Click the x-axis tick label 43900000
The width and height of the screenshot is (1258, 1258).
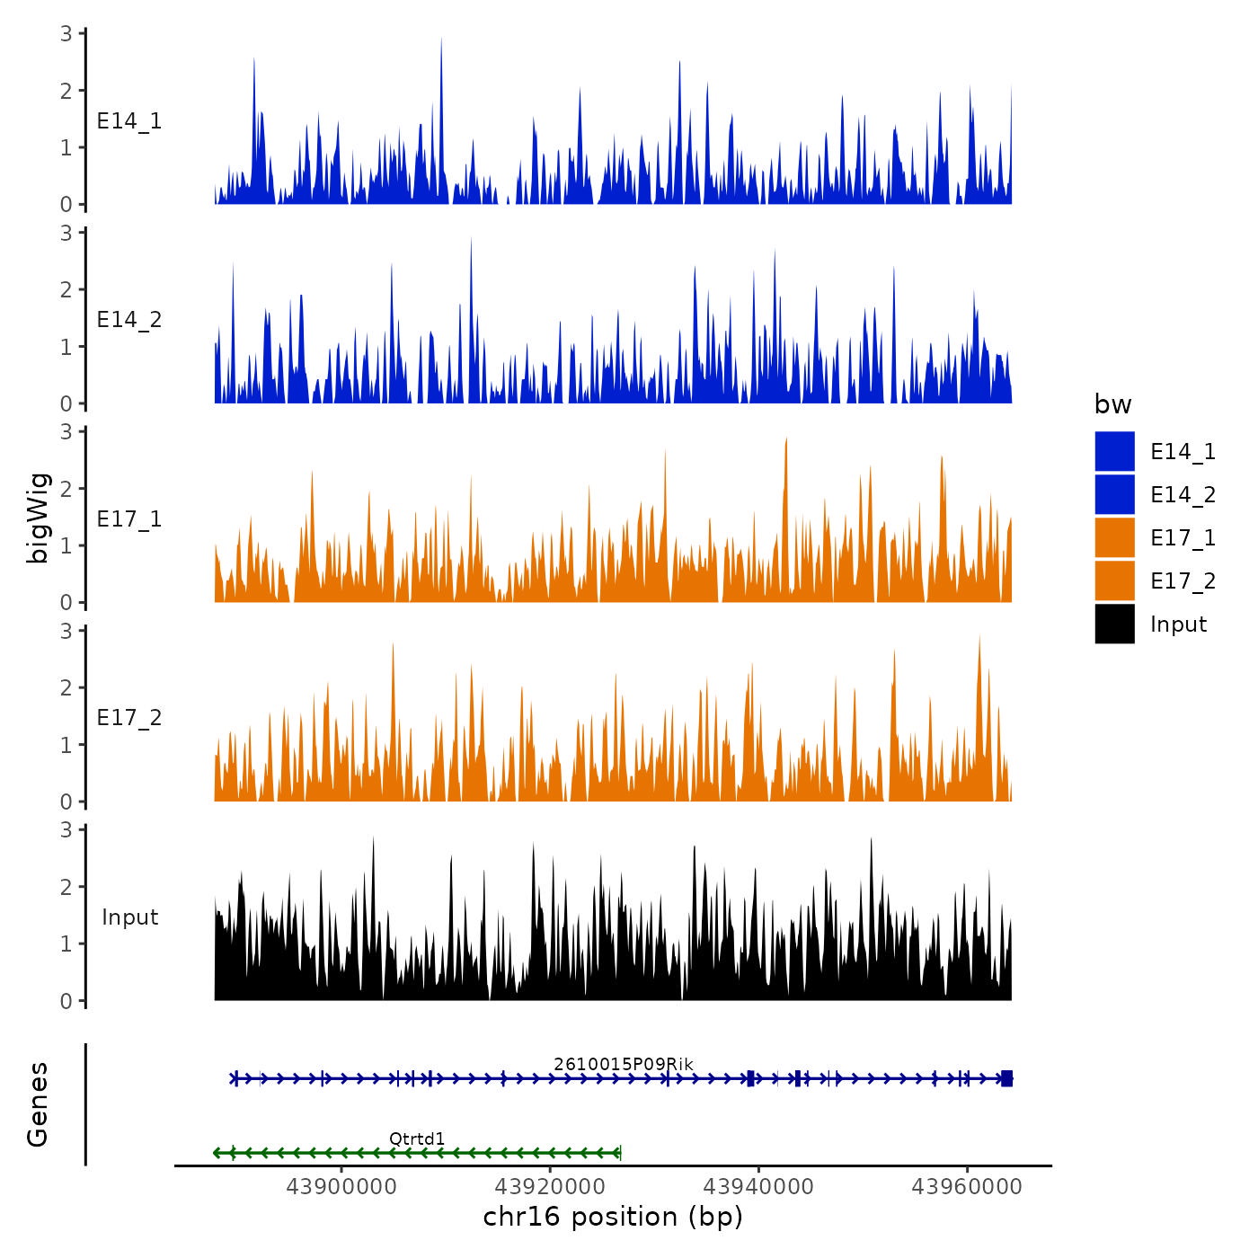[341, 1187]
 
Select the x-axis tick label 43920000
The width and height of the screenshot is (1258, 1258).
[550, 1187]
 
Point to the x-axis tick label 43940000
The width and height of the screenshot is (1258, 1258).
[758, 1187]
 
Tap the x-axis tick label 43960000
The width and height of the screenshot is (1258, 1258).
[967, 1187]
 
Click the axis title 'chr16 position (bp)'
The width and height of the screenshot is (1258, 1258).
[613, 1217]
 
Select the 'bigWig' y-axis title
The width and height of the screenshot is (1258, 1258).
[38, 518]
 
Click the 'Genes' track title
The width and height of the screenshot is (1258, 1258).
[38, 1104]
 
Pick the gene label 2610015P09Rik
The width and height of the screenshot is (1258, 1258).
[624, 1064]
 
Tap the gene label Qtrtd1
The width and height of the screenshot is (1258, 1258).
[417, 1139]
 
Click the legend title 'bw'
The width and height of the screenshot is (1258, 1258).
[1112, 405]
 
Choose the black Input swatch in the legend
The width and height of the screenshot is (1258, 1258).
[1114, 624]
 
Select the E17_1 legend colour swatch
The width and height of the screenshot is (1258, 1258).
[1114, 537]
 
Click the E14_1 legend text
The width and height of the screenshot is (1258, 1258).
[1183, 452]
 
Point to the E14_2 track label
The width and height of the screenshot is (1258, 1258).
[129, 320]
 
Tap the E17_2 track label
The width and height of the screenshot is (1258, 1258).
[129, 718]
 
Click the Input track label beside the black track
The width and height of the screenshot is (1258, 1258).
[129, 917]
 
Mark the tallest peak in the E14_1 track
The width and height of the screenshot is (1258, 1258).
[441, 40]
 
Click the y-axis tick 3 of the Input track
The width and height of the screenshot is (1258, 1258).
[66, 829]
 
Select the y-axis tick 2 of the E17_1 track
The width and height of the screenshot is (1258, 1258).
[66, 489]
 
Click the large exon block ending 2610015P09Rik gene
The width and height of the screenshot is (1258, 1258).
[1006, 1078]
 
